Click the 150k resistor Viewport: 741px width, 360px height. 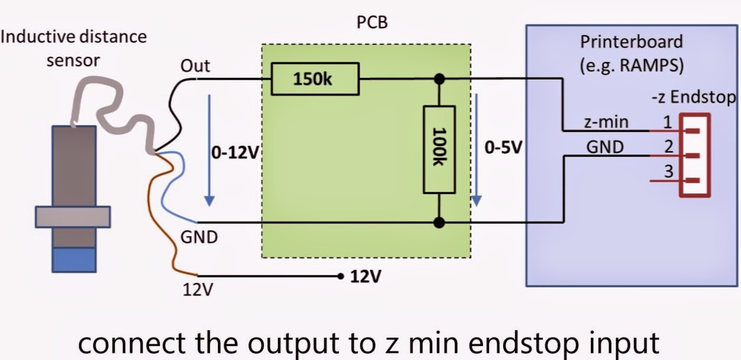tap(315, 80)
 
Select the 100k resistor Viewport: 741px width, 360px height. tap(439, 149)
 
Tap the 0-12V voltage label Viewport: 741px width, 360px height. tap(235, 152)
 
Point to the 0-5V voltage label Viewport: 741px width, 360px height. tap(503, 147)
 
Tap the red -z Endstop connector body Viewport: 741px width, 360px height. tap(695, 155)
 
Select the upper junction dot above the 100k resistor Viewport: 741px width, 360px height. tap(439, 79)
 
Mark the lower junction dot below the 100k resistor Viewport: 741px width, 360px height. tap(439, 222)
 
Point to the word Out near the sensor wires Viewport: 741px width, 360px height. tap(196, 66)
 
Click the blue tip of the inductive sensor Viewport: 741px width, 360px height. tap(74, 260)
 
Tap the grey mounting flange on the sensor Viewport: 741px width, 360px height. tap(73, 216)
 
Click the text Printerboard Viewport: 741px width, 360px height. tap(631, 42)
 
